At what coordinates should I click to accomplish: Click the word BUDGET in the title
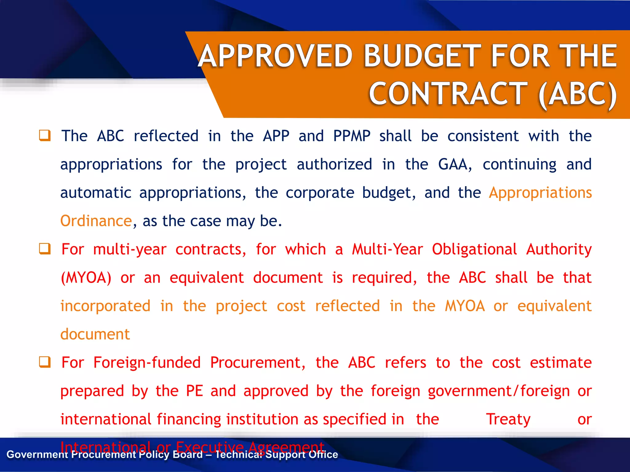[422, 56]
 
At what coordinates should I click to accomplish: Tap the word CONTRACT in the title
[449, 93]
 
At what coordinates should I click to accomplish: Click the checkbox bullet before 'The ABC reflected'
[45, 136]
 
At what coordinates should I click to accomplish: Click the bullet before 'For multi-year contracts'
[45, 249]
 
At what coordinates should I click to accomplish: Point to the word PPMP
[352, 136]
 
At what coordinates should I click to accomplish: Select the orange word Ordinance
[96, 221]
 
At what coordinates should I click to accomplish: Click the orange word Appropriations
[540, 193]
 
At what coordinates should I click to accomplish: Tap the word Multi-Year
[387, 249]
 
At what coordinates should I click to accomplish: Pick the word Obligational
[474, 249]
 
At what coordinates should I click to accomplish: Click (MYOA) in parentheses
[86, 278]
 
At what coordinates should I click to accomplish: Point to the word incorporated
[105, 306]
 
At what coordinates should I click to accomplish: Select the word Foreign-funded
[147, 363]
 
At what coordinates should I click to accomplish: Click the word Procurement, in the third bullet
[257, 363]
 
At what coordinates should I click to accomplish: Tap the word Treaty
[508, 419]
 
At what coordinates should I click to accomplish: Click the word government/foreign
[499, 391]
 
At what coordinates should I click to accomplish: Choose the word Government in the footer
[37, 454]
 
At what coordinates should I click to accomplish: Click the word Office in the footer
[323, 454]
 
